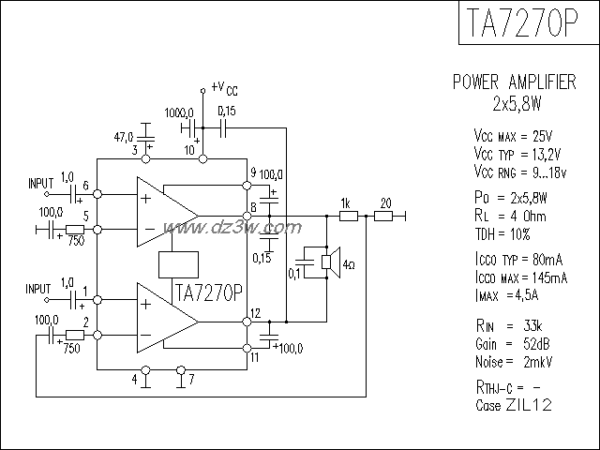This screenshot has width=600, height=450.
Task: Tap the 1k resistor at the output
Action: click(x=347, y=216)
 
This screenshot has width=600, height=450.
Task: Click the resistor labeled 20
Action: click(x=384, y=216)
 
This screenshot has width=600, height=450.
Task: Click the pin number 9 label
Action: click(x=253, y=171)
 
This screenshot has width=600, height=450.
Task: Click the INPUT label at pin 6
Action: click(x=41, y=182)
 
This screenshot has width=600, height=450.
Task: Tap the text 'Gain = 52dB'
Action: click(x=514, y=344)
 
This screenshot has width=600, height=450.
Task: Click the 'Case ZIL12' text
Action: click(x=514, y=405)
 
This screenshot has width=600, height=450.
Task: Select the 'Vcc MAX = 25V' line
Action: click(x=514, y=136)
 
